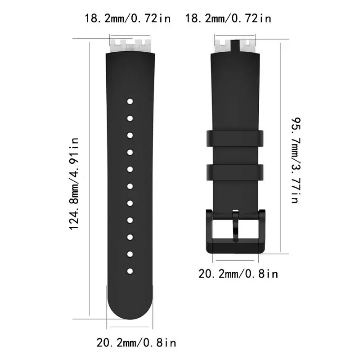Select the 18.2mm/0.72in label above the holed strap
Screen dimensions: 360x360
[128, 18]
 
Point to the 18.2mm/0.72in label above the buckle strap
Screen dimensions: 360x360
[229, 18]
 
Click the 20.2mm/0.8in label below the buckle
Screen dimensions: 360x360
[238, 273]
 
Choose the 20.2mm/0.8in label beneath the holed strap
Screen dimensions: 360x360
[136, 343]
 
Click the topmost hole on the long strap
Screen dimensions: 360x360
[129, 101]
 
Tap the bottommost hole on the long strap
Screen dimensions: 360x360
[129, 271]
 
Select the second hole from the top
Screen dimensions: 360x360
[129, 118]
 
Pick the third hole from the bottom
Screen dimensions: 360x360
[129, 237]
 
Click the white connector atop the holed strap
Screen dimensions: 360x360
[129, 46]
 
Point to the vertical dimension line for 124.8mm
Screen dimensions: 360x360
[91, 180]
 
